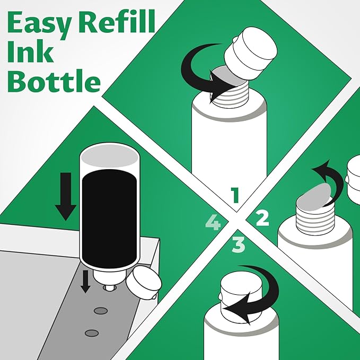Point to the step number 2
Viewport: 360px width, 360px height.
(262, 217)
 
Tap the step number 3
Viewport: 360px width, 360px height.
(238, 244)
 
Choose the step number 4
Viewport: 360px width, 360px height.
(213, 223)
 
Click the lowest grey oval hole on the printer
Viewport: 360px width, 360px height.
(92, 332)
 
